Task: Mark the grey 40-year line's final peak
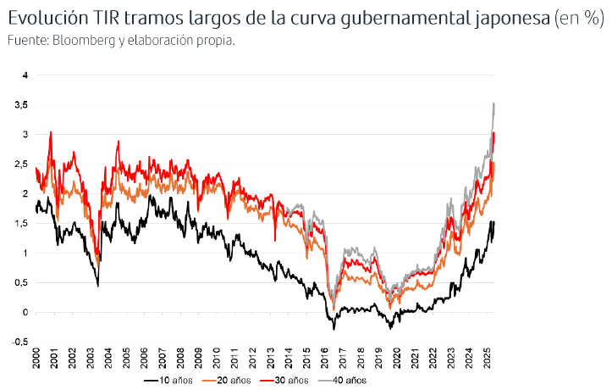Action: coord(493,103)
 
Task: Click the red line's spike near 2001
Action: coord(52,132)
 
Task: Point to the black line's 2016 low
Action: coord(334,328)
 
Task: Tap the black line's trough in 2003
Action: coord(97,286)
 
